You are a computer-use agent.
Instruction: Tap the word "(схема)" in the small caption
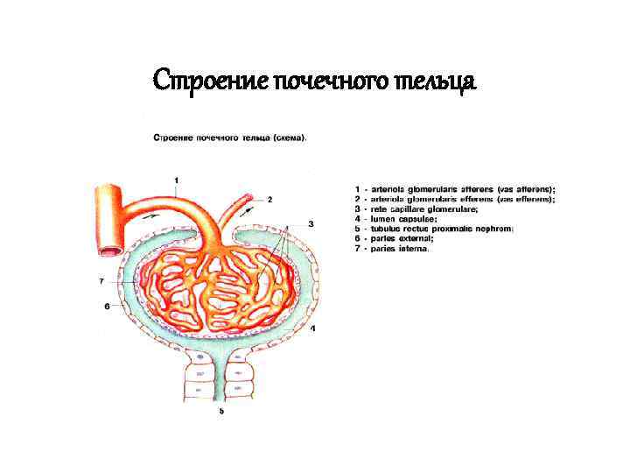point(290,138)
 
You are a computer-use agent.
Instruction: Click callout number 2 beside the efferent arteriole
point(269,200)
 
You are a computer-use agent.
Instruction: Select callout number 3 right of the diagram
point(311,225)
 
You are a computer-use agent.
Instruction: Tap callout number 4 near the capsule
point(312,328)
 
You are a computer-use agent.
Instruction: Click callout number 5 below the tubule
point(221,411)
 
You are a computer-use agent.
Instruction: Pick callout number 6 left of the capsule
point(107,307)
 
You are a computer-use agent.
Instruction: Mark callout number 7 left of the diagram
point(101,281)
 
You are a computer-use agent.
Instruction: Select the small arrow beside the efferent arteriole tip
point(249,208)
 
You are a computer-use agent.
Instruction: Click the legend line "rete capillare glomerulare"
point(421,209)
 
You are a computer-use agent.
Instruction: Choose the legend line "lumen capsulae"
point(400,219)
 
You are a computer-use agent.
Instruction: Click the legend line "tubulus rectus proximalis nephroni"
point(438,229)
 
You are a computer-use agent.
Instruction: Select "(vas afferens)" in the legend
point(525,189)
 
